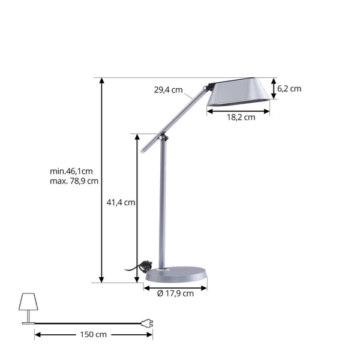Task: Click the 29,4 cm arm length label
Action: click(168, 90)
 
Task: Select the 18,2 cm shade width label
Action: click(241, 118)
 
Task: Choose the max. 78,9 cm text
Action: click(74, 181)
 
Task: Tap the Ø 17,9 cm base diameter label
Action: click(175, 293)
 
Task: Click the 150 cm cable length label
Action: click(94, 334)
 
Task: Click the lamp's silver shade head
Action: click(239, 93)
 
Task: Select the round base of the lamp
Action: click(176, 275)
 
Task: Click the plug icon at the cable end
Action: click(146, 323)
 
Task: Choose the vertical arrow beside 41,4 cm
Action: click(137, 208)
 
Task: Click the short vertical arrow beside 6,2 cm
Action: click(274, 88)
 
